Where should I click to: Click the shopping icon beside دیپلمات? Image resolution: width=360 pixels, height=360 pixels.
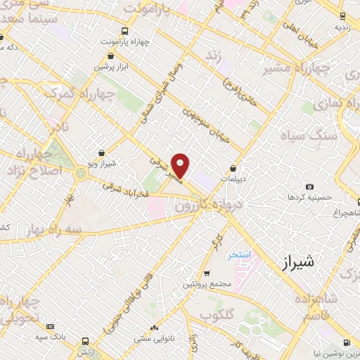[233, 168]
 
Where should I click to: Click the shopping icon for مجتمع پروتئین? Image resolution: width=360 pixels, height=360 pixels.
[206, 274]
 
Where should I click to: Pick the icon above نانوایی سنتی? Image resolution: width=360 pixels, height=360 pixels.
[154, 328]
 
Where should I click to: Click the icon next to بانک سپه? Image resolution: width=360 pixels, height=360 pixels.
[50, 326]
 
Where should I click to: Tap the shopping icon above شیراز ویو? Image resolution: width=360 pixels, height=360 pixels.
[103, 152]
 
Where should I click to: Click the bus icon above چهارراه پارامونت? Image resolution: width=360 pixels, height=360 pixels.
[124, 31]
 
